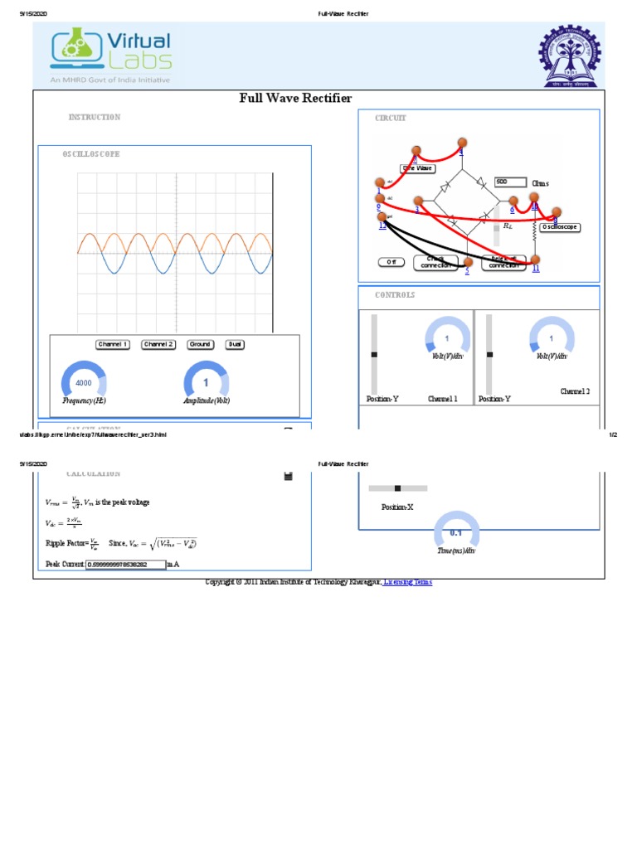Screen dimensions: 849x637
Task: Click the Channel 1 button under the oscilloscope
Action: [113, 344]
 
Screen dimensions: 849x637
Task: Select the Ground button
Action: [199, 344]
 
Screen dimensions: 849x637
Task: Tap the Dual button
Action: [236, 344]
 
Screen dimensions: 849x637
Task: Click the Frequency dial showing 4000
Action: [84, 383]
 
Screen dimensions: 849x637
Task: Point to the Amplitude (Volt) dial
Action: [206, 383]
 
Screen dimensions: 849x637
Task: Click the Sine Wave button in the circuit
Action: [418, 167]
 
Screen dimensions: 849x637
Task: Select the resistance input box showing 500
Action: [510, 182]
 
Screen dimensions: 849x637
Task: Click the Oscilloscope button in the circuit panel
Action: [559, 226]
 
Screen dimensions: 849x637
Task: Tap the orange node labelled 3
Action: [419, 201]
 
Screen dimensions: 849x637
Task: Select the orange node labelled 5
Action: [468, 262]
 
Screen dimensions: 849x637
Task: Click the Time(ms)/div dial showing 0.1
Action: [456, 532]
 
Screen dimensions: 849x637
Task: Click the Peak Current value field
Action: [125, 565]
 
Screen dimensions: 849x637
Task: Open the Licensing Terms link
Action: [408, 583]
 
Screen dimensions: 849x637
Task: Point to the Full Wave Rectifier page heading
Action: [295, 99]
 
